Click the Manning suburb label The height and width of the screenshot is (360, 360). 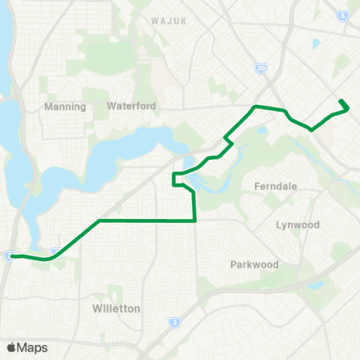coord(65,106)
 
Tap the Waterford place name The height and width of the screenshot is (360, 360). coord(131,106)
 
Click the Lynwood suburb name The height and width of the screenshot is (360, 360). coord(298,225)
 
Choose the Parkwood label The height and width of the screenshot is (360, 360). coord(254,265)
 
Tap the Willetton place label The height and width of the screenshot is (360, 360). coord(116,308)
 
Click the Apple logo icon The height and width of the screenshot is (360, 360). coord(12,347)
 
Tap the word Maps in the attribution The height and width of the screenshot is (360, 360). coord(33,347)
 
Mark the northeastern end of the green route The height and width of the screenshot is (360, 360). coord(341,100)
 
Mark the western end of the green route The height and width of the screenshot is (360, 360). coord(10,256)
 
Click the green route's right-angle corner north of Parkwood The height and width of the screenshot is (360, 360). coord(195,220)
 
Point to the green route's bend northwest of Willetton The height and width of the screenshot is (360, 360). coord(99,221)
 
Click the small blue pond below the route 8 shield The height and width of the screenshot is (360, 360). coord(316,43)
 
